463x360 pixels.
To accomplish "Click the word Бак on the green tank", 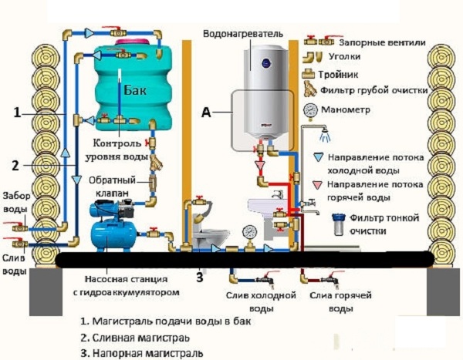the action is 135,89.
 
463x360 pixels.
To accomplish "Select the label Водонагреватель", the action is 243,34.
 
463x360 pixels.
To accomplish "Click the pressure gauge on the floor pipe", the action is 249,232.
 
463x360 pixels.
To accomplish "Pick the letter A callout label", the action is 206,112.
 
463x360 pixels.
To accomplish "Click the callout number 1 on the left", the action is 18,113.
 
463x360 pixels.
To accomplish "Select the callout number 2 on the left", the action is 15,166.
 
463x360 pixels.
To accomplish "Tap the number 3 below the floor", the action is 200,278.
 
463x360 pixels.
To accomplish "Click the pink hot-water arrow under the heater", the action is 260,166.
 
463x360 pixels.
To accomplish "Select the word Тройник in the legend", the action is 338,74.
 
